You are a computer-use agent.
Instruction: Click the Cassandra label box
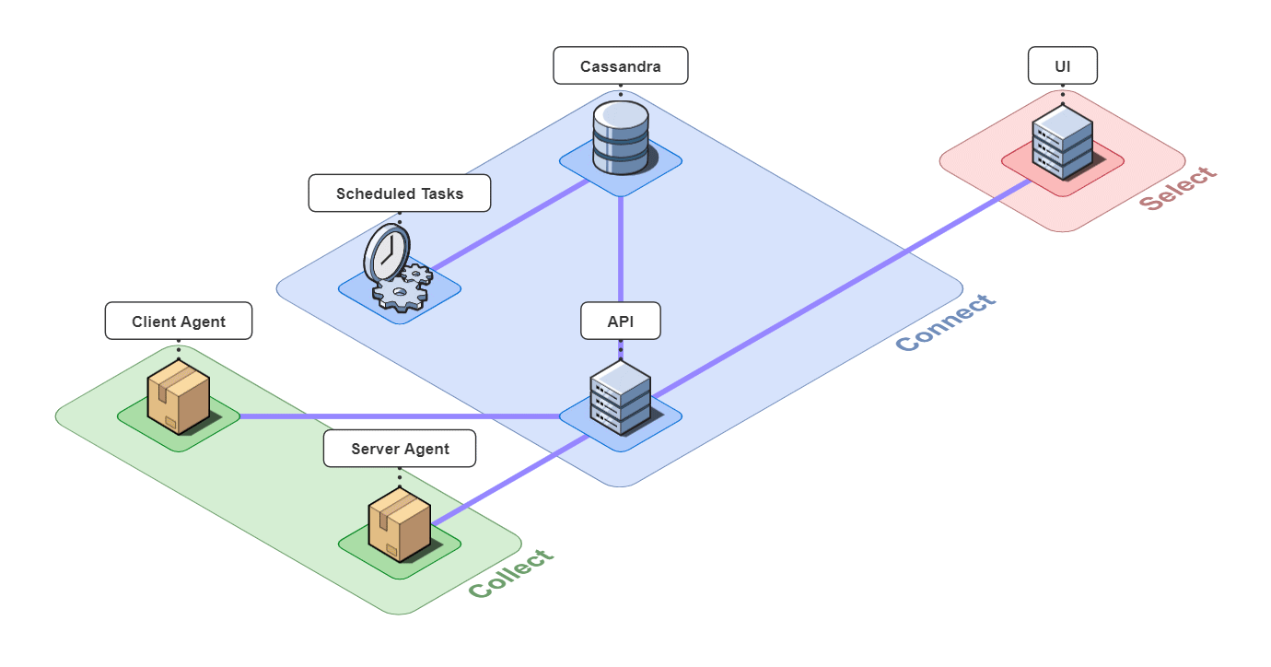point(620,66)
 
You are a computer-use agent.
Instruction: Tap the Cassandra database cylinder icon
point(620,137)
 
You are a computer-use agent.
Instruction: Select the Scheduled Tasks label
point(399,193)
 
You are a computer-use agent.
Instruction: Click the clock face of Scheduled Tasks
point(387,251)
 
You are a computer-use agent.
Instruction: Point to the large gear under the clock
point(400,293)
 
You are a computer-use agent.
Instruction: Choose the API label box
point(620,321)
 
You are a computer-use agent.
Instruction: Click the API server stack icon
point(620,397)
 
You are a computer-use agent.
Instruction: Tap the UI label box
point(1062,66)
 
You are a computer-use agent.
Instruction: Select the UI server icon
point(1062,142)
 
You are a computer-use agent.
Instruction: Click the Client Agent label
point(178,322)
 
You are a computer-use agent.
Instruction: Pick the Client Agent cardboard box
point(179,397)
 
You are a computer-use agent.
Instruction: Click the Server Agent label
point(400,449)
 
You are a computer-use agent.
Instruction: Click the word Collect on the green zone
point(512,573)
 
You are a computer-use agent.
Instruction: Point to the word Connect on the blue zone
point(946,322)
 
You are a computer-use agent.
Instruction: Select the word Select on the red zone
point(1178,188)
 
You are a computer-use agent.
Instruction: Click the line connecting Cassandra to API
point(621,249)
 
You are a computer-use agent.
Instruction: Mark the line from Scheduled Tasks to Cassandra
point(511,225)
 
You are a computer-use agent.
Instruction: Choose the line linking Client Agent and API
point(396,416)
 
